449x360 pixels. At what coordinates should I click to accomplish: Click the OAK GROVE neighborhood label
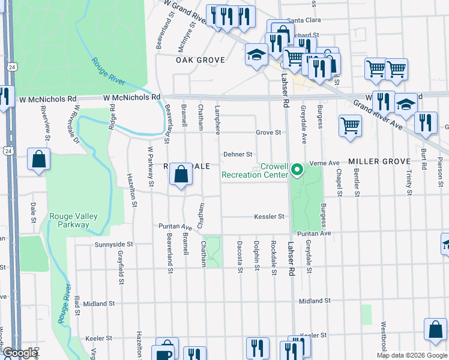pyautogui.click(x=200, y=60)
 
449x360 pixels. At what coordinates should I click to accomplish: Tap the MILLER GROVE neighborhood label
pyautogui.click(x=379, y=162)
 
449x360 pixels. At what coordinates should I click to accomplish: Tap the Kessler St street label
pyautogui.click(x=268, y=217)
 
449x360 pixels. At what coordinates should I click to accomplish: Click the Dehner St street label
pyautogui.click(x=237, y=154)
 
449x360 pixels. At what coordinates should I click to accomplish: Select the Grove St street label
pyautogui.click(x=268, y=132)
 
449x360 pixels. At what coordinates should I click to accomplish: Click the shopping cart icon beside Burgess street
pyautogui.click(x=351, y=126)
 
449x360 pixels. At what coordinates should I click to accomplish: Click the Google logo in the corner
pyautogui.click(x=19, y=353)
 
